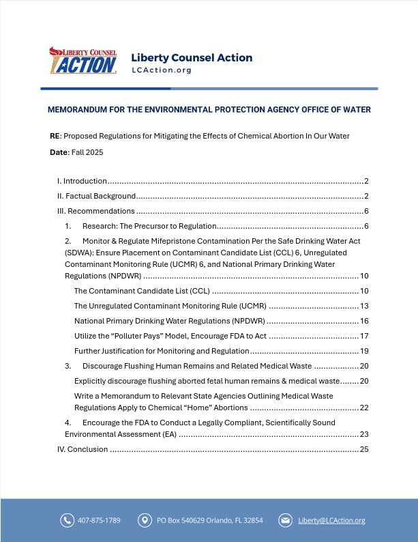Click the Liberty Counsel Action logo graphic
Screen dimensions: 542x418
click(x=83, y=61)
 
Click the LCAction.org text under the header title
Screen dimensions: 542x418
click(x=162, y=70)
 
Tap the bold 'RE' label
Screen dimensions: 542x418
click(x=55, y=136)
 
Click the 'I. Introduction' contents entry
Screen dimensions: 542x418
click(x=81, y=181)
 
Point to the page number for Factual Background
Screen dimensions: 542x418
click(x=366, y=196)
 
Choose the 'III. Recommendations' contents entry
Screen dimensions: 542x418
click(x=95, y=211)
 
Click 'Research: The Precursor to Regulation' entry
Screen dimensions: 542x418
click(x=149, y=226)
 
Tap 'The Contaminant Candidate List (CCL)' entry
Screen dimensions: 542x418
click(x=142, y=291)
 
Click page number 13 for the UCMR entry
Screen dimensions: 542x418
click(x=364, y=306)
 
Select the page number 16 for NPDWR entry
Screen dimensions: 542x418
click(x=364, y=321)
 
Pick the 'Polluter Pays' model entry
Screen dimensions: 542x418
click(x=170, y=336)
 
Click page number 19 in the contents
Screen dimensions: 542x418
click(x=364, y=351)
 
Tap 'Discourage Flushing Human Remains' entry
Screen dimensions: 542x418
click(x=197, y=366)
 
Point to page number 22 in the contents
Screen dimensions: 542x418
click(x=364, y=408)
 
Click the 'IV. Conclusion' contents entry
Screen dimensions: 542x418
click(x=82, y=449)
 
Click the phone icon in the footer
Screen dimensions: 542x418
click(x=67, y=520)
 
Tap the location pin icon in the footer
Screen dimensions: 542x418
click(x=145, y=520)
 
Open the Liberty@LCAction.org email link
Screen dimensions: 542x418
click(x=331, y=520)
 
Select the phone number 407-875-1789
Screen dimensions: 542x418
click(x=100, y=520)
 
